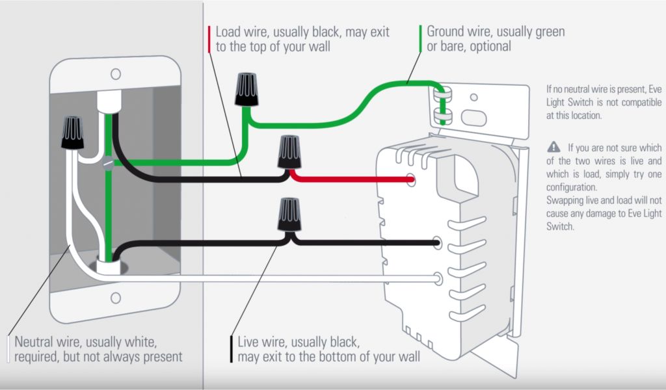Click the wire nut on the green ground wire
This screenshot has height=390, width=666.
tap(246, 88)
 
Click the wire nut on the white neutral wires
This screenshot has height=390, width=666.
tap(72, 132)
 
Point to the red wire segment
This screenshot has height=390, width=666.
tap(351, 177)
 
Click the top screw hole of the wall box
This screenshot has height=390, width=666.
tap(115, 74)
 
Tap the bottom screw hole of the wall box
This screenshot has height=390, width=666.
tap(115, 298)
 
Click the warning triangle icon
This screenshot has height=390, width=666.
tap(553, 146)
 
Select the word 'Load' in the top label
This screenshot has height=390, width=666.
tap(228, 32)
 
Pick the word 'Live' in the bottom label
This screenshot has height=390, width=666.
tap(249, 342)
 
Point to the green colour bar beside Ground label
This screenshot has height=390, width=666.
tap(421, 39)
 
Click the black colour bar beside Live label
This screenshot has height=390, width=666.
tap(232, 349)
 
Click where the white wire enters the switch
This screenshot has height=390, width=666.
tap(439, 279)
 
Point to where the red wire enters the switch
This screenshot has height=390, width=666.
tap(410, 179)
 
